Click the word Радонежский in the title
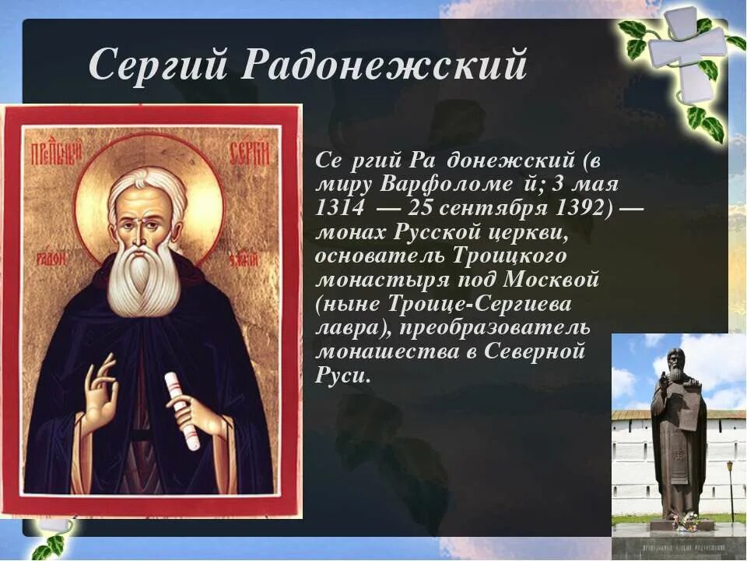point(384,64)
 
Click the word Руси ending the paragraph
point(340,375)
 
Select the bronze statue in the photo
point(679,436)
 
